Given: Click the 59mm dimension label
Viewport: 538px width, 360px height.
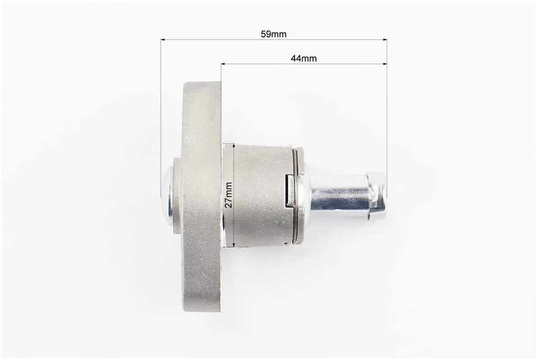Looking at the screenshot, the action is (x=273, y=34).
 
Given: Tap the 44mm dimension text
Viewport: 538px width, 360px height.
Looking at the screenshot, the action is (x=303, y=58).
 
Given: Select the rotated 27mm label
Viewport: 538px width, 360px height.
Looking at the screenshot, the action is (x=229, y=195).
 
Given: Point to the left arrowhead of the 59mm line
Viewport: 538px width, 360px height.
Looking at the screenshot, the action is (x=163, y=40).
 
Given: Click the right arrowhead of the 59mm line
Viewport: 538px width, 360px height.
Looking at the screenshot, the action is (x=384, y=40).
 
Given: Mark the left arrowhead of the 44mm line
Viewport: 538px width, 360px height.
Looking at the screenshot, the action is (x=224, y=63).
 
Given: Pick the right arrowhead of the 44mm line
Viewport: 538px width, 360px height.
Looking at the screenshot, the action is (x=384, y=63).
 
